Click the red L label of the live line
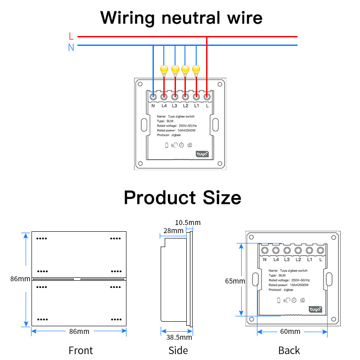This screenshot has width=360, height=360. [71, 36]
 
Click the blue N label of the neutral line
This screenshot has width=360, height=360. [71, 47]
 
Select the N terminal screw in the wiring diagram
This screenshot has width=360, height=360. [153, 96]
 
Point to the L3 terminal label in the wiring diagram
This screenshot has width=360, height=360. [175, 106]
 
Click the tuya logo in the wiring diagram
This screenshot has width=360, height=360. [202, 154]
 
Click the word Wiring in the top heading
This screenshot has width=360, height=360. [127, 18]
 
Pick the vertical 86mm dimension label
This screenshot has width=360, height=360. [20, 279]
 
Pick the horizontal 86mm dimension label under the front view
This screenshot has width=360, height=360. [79, 332]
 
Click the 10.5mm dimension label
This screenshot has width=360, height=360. [188, 222]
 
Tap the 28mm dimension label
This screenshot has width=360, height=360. [173, 231]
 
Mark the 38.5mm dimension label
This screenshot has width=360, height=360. [179, 337]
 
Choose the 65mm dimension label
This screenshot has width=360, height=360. [235, 281]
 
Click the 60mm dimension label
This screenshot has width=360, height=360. [290, 332]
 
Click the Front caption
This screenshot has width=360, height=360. [81, 350]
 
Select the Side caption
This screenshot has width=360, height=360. [178, 350]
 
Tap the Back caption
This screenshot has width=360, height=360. [289, 350]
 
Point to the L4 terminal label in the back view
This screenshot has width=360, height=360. [276, 260]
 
